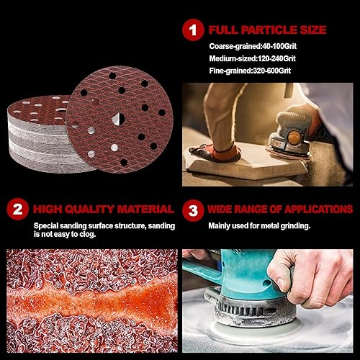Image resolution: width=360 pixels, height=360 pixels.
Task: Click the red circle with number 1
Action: [x=193, y=30]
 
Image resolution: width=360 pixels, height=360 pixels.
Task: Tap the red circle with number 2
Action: [x=17, y=209]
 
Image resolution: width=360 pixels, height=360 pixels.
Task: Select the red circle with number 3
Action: [x=193, y=210]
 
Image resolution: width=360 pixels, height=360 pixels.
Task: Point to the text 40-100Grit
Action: [x=279, y=46]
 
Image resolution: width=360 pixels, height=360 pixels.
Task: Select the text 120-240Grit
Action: [x=276, y=58]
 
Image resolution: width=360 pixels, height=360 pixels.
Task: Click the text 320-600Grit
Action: [x=272, y=71]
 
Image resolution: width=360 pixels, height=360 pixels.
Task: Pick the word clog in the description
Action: [x=88, y=234]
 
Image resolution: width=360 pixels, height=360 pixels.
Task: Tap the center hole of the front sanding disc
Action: [x=118, y=119]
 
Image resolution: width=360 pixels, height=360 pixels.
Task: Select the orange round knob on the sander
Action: [x=294, y=138]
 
